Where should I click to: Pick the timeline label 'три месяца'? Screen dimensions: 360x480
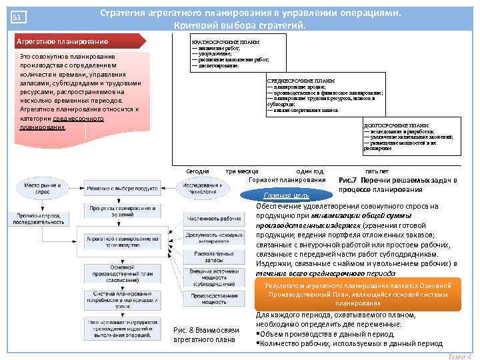click(243, 171)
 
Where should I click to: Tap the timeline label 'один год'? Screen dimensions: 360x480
click(309, 171)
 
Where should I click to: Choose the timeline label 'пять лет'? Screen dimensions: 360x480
click(377, 171)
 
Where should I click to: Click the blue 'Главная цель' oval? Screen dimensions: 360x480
click(286, 195)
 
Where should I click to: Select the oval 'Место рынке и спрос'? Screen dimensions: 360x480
click(43, 188)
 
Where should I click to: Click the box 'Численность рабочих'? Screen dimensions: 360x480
click(205, 218)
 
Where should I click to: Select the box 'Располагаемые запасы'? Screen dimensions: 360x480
click(205, 256)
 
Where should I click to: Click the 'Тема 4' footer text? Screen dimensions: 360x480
click(461, 355)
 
